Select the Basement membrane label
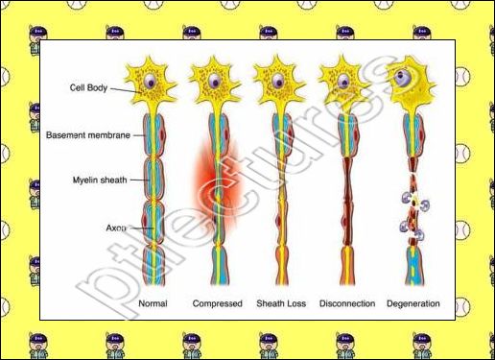pyautogui.click(x=88, y=135)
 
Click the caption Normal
pyautogui.click(x=153, y=303)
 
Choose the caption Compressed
pyautogui.click(x=217, y=303)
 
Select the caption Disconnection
pyautogui.click(x=344, y=303)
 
